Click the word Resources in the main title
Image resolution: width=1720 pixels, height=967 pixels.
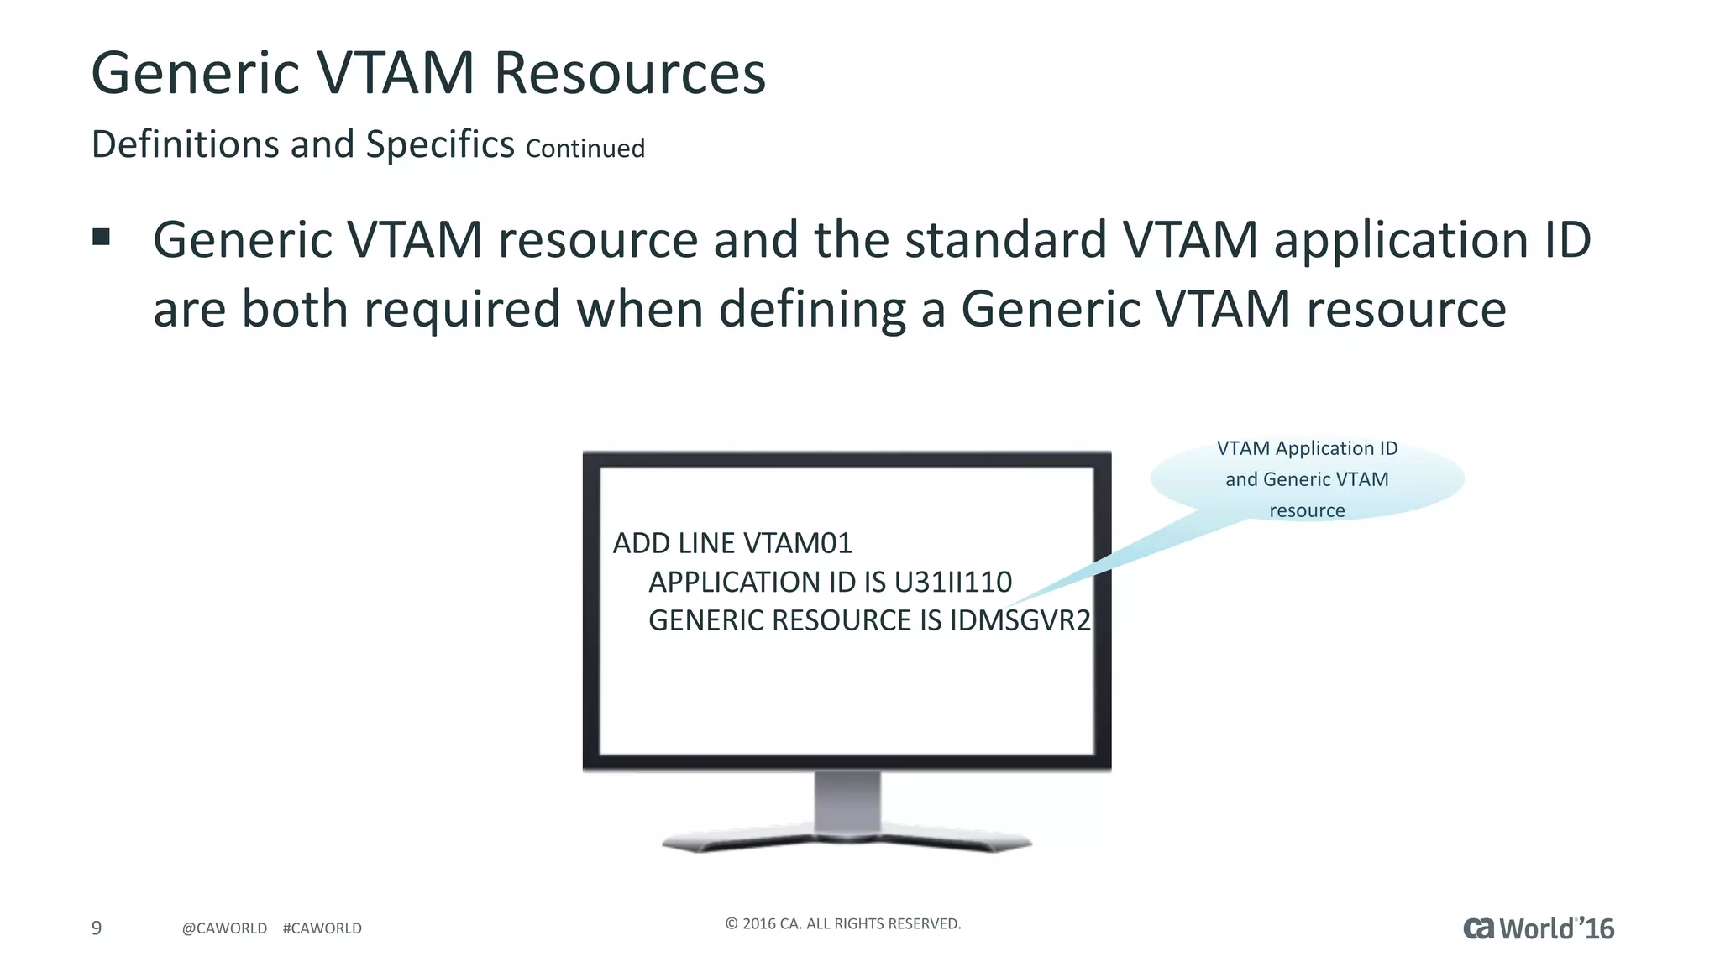(x=629, y=73)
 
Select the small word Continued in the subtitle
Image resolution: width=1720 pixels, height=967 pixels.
(x=585, y=149)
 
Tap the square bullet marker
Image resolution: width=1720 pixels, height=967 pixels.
(x=102, y=237)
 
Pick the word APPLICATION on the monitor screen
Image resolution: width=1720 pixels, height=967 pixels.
(x=738, y=582)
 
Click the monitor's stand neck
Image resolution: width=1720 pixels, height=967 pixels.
(x=847, y=801)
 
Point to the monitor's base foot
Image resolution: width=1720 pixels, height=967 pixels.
(x=847, y=842)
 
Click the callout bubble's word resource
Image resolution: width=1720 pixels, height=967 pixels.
(x=1306, y=510)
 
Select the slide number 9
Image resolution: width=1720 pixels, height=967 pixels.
(x=97, y=928)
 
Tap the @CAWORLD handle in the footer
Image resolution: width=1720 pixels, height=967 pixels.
(x=224, y=928)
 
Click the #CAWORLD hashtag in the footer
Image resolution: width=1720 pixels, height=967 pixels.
(x=322, y=928)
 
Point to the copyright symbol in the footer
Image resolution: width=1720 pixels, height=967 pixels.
(x=731, y=923)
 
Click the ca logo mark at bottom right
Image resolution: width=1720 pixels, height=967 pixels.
(x=1479, y=928)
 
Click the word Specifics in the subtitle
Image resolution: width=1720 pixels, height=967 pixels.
(x=439, y=144)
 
